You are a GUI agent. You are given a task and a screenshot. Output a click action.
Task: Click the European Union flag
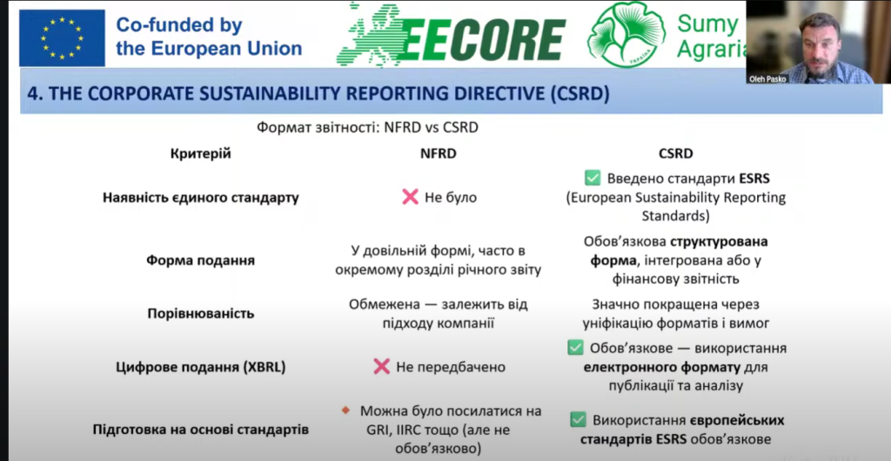pos(62,38)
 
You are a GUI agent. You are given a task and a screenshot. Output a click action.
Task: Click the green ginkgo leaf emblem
pos(626,35)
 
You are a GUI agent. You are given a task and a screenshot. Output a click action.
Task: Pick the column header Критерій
pos(201,153)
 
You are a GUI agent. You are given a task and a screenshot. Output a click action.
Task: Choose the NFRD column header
pos(439,153)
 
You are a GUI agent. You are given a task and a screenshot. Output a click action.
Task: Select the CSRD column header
pos(675,153)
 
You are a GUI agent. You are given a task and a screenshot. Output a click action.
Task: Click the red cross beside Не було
pos(411,198)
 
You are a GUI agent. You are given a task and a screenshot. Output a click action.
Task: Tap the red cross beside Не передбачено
pos(382,367)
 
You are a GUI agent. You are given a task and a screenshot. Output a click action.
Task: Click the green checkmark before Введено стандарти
pos(593,179)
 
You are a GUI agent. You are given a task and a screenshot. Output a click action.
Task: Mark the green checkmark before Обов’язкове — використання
pos(576,348)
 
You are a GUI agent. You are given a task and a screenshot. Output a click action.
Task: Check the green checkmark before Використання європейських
pos(578,420)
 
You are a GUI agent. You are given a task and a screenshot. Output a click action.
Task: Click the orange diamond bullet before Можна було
pos(345,410)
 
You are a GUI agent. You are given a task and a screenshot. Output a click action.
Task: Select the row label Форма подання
pos(201,261)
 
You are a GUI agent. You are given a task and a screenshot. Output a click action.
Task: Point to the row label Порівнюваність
pos(201,314)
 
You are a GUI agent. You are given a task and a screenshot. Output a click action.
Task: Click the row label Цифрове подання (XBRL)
pos(201,368)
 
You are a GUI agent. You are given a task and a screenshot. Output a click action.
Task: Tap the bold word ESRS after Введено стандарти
pos(754,179)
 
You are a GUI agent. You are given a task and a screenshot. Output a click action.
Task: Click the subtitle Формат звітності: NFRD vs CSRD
pos(368,127)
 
